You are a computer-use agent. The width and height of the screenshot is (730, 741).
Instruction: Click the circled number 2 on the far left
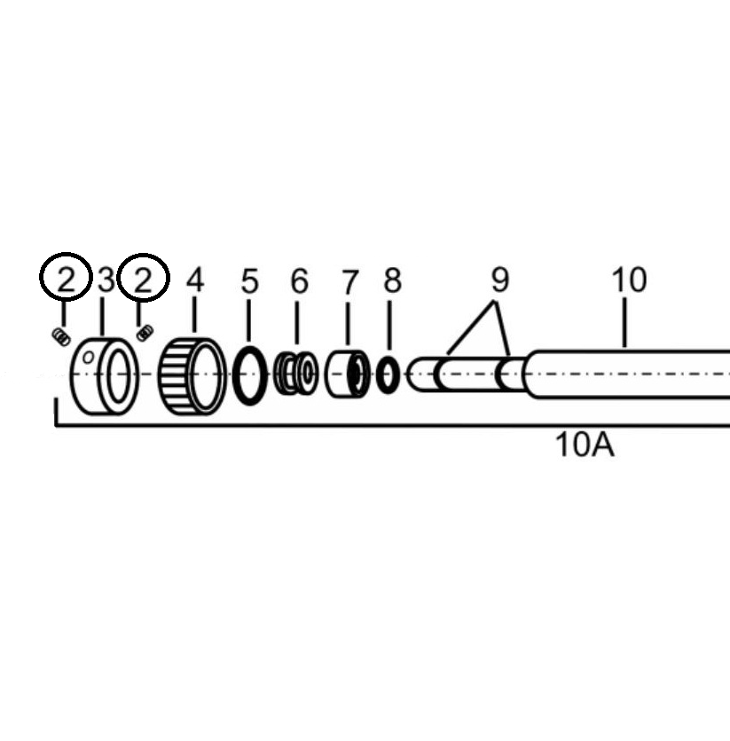click(66, 280)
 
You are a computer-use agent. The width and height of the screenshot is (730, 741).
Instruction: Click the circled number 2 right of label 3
click(144, 280)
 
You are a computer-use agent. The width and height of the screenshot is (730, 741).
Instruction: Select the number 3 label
click(106, 280)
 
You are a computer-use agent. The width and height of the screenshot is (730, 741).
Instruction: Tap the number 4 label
click(195, 280)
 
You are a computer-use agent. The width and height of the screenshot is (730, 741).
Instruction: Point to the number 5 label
click(250, 281)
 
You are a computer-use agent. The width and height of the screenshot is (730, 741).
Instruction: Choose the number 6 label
click(300, 281)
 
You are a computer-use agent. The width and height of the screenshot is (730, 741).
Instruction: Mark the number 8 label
click(392, 281)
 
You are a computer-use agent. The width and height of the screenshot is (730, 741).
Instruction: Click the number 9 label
click(500, 280)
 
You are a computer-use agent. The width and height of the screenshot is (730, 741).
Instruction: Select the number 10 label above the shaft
click(629, 280)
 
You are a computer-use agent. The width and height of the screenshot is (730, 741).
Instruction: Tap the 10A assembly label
click(584, 444)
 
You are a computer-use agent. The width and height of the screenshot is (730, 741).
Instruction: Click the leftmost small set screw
click(61, 336)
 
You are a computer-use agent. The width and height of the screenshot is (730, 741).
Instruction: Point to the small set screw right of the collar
click(145, 333)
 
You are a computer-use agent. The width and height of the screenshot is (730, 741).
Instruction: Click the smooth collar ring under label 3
click(105, 377)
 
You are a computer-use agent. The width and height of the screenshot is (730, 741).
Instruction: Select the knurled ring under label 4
click(192, 376)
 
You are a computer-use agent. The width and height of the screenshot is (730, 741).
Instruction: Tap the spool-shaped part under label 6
click(295, 374)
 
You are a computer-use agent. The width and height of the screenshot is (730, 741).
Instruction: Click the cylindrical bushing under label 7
click(347, 374)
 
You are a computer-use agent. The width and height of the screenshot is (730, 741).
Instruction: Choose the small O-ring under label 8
click(388, 375)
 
